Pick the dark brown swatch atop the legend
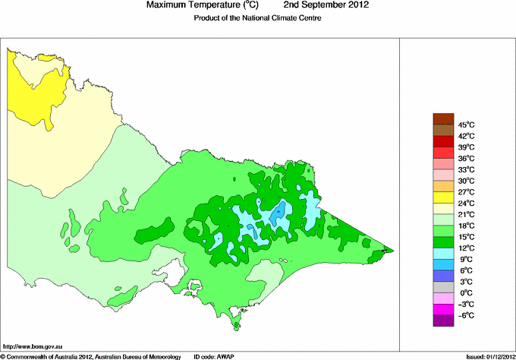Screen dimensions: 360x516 coord(443,118)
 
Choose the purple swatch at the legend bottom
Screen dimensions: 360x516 coord(443,321)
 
